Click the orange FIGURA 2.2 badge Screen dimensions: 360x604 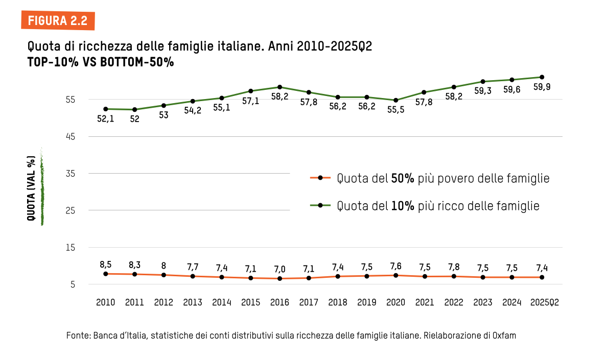[58, 20]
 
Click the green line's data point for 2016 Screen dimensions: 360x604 [280, 87]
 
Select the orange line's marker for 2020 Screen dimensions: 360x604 [396, 275]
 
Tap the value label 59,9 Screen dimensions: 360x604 [542, 87]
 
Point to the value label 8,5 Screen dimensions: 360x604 [105, 264]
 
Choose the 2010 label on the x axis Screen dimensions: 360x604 [105, 302]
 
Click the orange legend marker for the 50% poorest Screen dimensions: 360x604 [320, 178]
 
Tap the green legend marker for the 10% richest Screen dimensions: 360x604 [320, 206]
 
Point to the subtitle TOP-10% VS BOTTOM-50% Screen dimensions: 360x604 [101, 62]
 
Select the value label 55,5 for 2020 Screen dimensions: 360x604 [396, 109]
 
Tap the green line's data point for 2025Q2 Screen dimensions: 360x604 [542, 77]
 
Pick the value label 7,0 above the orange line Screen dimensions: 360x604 [280, 269]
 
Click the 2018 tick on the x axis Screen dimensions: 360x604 [338, 302]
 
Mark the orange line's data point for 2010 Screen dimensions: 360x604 [105, 274]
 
